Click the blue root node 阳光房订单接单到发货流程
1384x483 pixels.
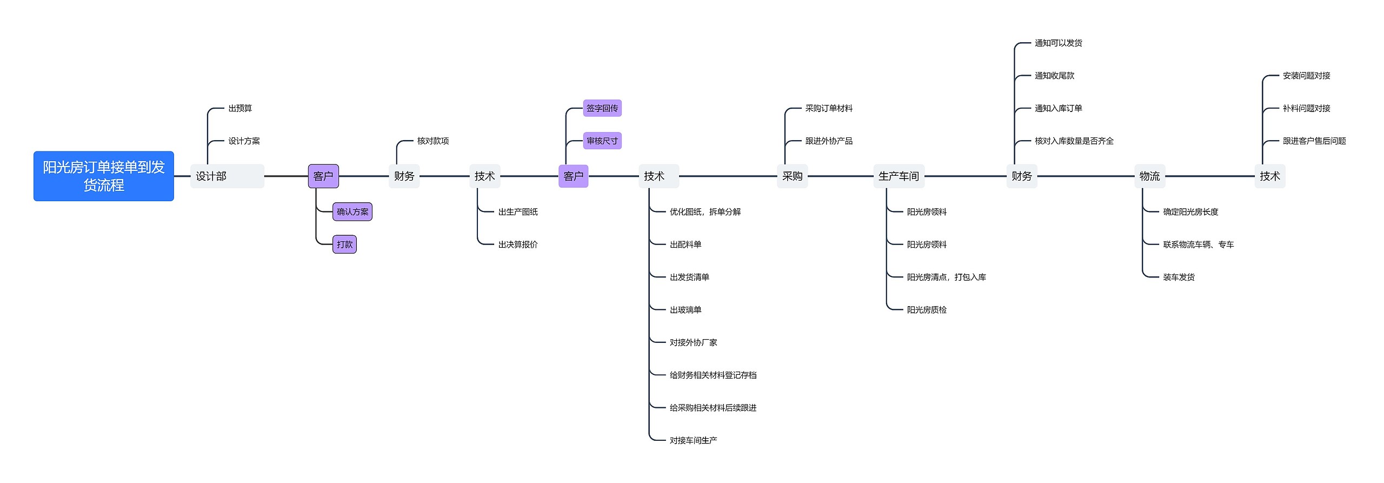coord(104,176)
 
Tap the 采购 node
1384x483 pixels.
coord(792,176)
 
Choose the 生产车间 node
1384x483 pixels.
coord(899,176)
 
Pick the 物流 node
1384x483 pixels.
coord(1149,176)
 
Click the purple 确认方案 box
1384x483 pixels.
coord(352,212)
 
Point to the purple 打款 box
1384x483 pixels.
coord(344,244)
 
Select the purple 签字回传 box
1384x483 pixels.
coord(602,108)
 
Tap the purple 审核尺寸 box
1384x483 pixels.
coord(602,141)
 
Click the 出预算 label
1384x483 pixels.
coord(240,109)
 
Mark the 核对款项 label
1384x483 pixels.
coord(432,141)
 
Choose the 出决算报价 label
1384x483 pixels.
coord(518,244)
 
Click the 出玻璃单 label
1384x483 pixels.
coord(686,310)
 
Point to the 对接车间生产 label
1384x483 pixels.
coord(693,440)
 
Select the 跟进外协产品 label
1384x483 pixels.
coord(829,141)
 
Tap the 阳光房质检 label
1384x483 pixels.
coord(927,310)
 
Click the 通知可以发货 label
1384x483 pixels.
coord(1058,43)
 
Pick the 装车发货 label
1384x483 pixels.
coord(1179,277)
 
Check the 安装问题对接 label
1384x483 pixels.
coord(1306,76)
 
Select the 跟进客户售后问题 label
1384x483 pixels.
coord(1314,141)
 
